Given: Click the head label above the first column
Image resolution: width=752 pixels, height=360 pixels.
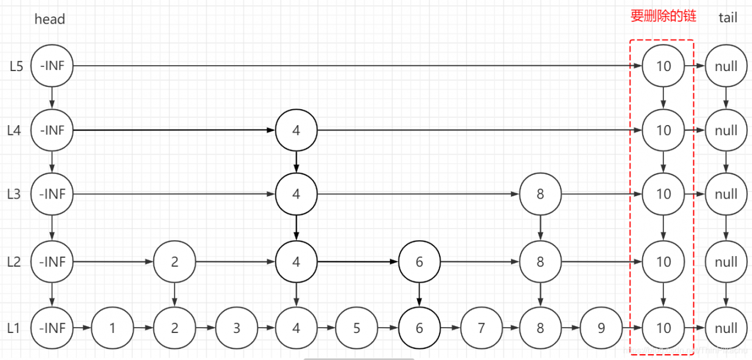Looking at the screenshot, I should [50, 19].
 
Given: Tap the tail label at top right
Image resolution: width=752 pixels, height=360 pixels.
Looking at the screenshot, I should [727, 18].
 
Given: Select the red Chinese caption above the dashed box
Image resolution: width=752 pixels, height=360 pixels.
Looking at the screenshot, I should [663, 16].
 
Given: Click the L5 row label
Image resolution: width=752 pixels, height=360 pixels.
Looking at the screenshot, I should [16, 66].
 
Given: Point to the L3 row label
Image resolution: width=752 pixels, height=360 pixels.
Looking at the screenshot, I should [14, 194].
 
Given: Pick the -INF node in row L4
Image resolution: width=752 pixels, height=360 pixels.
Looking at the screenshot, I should [52, 130].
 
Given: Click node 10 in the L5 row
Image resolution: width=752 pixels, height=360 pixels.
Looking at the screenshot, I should [663, 66].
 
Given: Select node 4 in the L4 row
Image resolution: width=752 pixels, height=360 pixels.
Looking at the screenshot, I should [296, 130].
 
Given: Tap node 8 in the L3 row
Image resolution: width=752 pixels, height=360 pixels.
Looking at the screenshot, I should [540, 194].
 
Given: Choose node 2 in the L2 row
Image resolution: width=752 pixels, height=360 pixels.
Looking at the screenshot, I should [174, 262].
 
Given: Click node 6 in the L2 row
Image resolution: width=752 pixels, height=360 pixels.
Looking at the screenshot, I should [419, 262].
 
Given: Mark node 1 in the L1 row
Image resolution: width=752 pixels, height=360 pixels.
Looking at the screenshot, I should [113, 328].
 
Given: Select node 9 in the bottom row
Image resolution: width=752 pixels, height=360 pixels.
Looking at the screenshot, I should [601, 328].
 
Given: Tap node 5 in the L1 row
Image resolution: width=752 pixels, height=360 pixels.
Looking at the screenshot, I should [357, 328].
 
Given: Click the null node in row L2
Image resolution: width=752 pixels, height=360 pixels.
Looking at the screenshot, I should [726, 262].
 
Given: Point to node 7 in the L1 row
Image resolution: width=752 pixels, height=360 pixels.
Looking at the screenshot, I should [482, 328].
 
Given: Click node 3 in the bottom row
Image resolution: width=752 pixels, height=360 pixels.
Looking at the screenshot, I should [236, 328].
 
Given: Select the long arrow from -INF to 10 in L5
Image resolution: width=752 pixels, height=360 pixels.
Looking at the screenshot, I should [352, 66].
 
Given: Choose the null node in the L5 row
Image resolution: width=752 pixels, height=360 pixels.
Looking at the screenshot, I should [726, 66].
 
